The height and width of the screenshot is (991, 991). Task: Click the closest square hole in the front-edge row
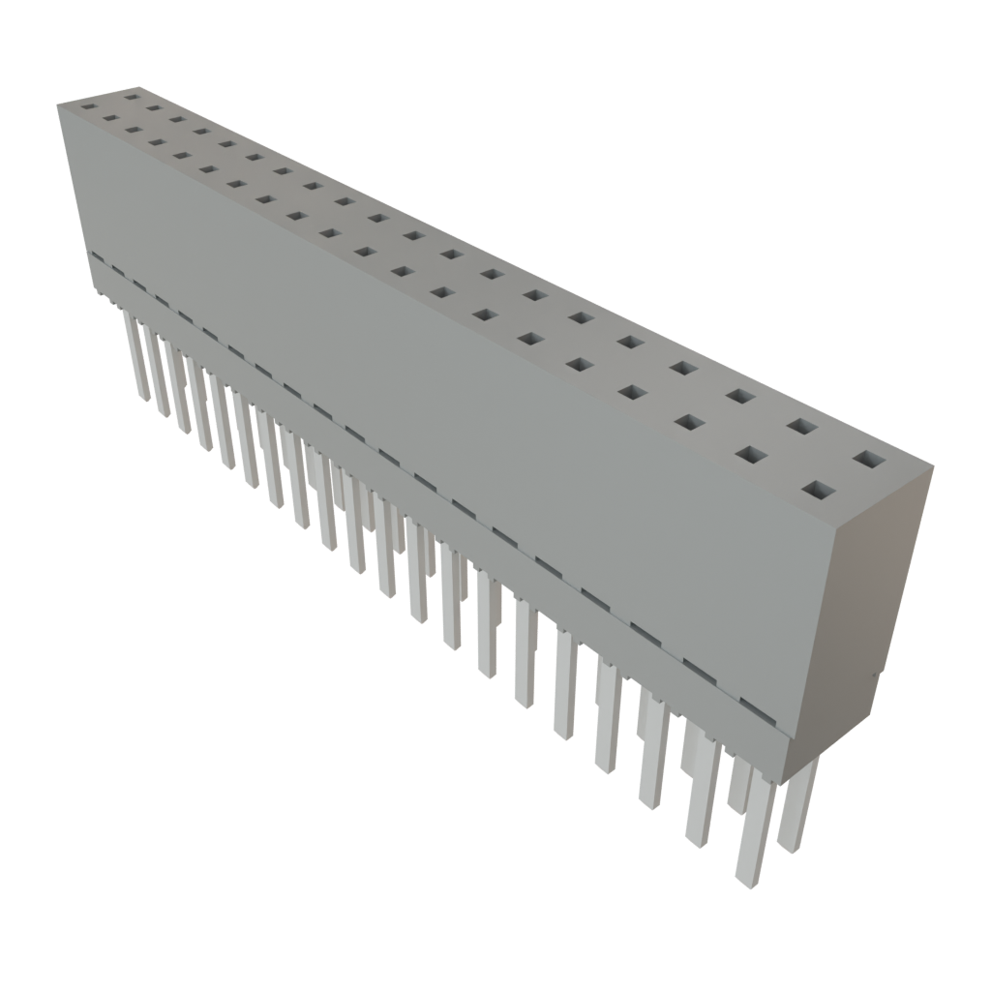pos(818,491)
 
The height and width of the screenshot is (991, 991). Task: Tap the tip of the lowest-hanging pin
pos(745,881)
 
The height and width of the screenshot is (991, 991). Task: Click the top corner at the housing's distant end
pos(58,103)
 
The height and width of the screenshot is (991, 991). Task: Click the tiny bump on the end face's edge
pos(875,675)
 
